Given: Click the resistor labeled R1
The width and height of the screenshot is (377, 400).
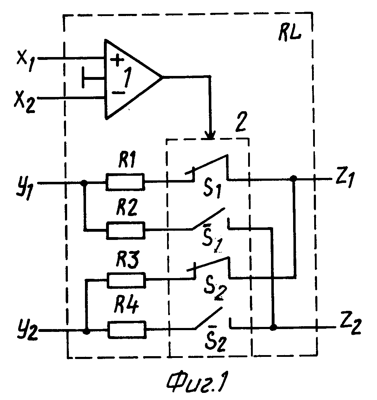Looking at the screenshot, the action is coord(125,182).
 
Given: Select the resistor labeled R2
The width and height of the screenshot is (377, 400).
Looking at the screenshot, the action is coord(125,230).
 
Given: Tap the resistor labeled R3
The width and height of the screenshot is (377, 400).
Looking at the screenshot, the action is coord(126,280).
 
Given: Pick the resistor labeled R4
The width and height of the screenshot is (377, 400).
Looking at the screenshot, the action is coord(127,330).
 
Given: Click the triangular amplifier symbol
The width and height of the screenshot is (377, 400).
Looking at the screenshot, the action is coord(133,79).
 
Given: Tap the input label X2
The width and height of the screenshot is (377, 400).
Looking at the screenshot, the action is coord(25,102).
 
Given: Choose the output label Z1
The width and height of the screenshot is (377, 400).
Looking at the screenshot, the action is coord(345,179).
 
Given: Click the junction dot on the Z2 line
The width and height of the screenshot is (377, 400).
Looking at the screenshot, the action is coord(273,327).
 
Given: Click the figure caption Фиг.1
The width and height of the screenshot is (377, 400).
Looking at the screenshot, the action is coord(197,382).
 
